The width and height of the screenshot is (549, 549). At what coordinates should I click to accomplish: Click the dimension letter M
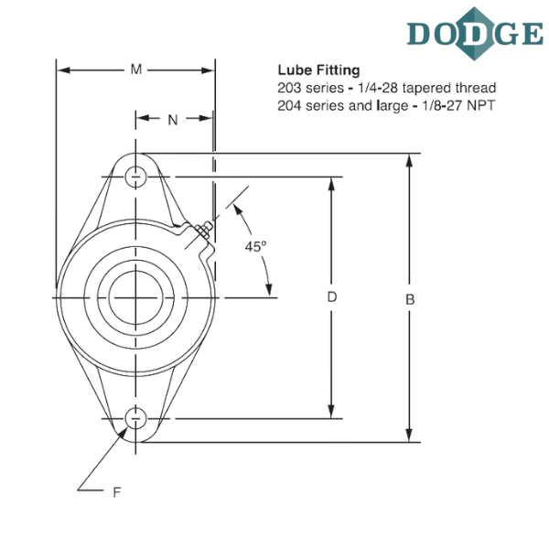[136, 70]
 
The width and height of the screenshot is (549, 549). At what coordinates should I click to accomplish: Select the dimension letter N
[172, 118]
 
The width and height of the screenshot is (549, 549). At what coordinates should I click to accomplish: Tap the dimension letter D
[333, 296]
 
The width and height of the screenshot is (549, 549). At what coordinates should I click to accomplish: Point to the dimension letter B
[411, 298]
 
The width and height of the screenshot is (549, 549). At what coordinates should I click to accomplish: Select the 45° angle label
[257, 245]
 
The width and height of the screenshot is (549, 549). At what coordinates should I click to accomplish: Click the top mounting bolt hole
[136, 177]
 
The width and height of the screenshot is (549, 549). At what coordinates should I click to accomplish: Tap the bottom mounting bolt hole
[136, 418]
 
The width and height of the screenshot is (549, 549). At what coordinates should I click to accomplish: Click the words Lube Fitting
[318, 70]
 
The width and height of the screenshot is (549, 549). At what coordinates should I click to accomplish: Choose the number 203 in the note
[289, 88]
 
